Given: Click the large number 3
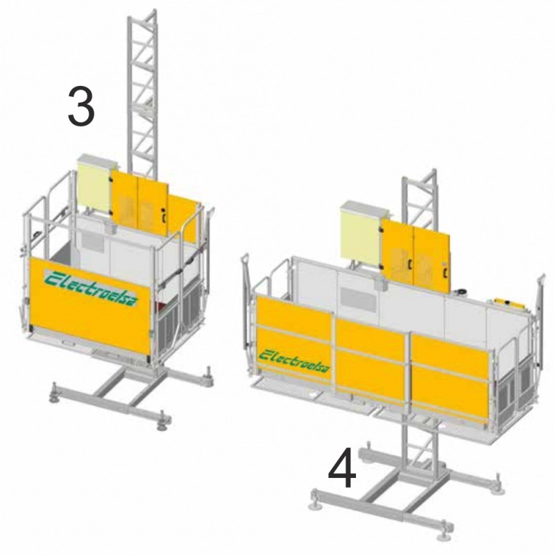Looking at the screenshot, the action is pos(81,106).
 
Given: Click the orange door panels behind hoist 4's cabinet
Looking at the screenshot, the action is pos(416,252).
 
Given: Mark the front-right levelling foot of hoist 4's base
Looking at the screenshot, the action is pos(443,532).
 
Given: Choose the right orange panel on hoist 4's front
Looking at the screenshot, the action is pos(450,377).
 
